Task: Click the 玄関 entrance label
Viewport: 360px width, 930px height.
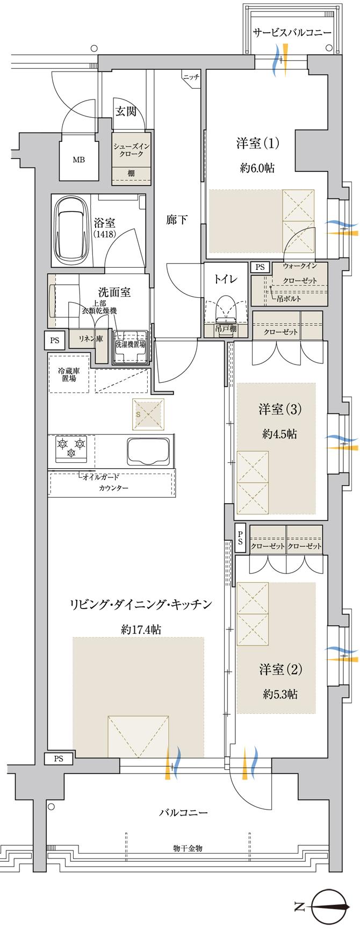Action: click(x=125, y=111)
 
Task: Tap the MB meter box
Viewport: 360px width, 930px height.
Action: click(x=78, y=160)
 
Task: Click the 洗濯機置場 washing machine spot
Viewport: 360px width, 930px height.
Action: click(x=130, y=345)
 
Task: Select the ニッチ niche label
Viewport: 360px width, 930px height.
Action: click(x=191, y=77)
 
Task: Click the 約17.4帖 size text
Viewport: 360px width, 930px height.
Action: click(x=141, y=629)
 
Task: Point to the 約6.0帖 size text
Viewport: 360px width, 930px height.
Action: click(x=257, y=169)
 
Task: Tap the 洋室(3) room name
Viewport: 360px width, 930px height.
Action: click(x=280, y=410)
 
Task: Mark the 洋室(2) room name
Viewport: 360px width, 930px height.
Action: click(x=280, y=670)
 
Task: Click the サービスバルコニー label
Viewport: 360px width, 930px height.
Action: click(x=292, y=32)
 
